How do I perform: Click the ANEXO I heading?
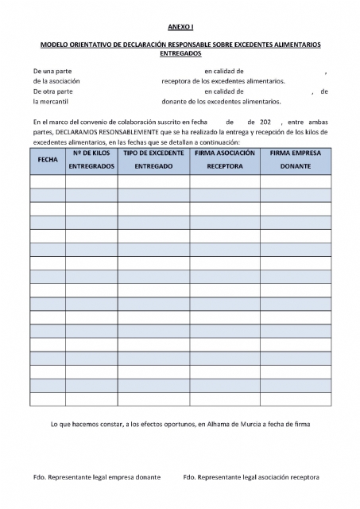(180, 26)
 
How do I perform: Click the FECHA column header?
(48, 160)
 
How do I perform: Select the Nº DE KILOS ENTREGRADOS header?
(91, 159)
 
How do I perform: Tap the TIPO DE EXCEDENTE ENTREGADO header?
(153, 159)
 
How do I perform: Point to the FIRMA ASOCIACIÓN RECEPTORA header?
(224, 159)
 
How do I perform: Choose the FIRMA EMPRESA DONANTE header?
(295, 159)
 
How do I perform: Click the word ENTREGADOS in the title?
(180, 55)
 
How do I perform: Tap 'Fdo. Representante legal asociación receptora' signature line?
(251, 476)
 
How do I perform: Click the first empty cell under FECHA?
(48, 181)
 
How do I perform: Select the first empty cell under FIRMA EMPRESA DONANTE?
(295, 181)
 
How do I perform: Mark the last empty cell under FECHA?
(48, 398)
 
